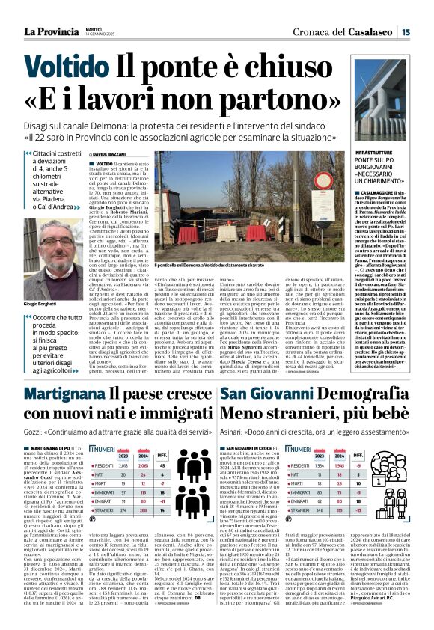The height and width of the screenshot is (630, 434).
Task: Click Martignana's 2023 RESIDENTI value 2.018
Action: coord(123,463)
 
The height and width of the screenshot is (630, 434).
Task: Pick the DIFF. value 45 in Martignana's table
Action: coord(162,463)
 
